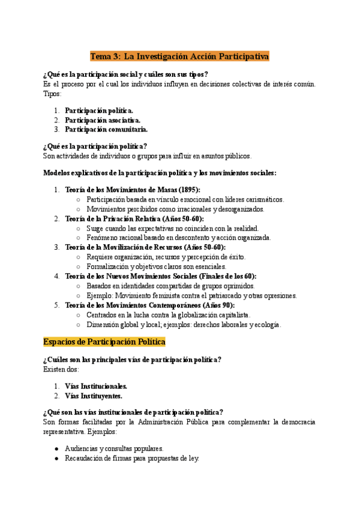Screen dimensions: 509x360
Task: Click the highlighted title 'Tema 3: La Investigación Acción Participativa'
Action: tap(180, 56)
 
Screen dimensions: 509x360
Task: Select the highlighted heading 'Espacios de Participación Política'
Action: tap(104, 342)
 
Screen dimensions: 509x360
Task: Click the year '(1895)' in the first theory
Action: tap(188, 190)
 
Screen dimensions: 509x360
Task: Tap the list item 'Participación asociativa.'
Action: tap(98, 120)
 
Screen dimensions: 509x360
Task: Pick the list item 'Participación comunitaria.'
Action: tap(106, 129)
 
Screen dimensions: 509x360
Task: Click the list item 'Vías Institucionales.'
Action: tap(96, 387)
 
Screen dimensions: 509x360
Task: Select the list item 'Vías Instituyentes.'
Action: tap(94, 396)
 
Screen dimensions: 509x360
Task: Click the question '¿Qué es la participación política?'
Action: tap(95, 146)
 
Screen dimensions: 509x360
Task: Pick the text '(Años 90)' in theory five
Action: tap(218, 305)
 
